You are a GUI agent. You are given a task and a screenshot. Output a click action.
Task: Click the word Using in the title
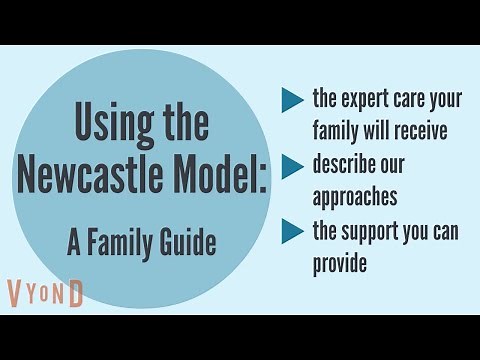(x=109, y=125)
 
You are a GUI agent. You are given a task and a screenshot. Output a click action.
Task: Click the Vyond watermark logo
(x=46, y=293)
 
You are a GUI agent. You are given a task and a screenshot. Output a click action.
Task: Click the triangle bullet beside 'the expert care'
(x=292, y=99)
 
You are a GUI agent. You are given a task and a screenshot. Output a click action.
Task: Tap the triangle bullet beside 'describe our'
(x=292, y=165)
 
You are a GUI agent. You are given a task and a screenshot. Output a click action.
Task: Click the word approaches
(x=355, y=197)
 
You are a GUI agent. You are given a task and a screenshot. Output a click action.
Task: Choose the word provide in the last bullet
(x=340, y=264)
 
